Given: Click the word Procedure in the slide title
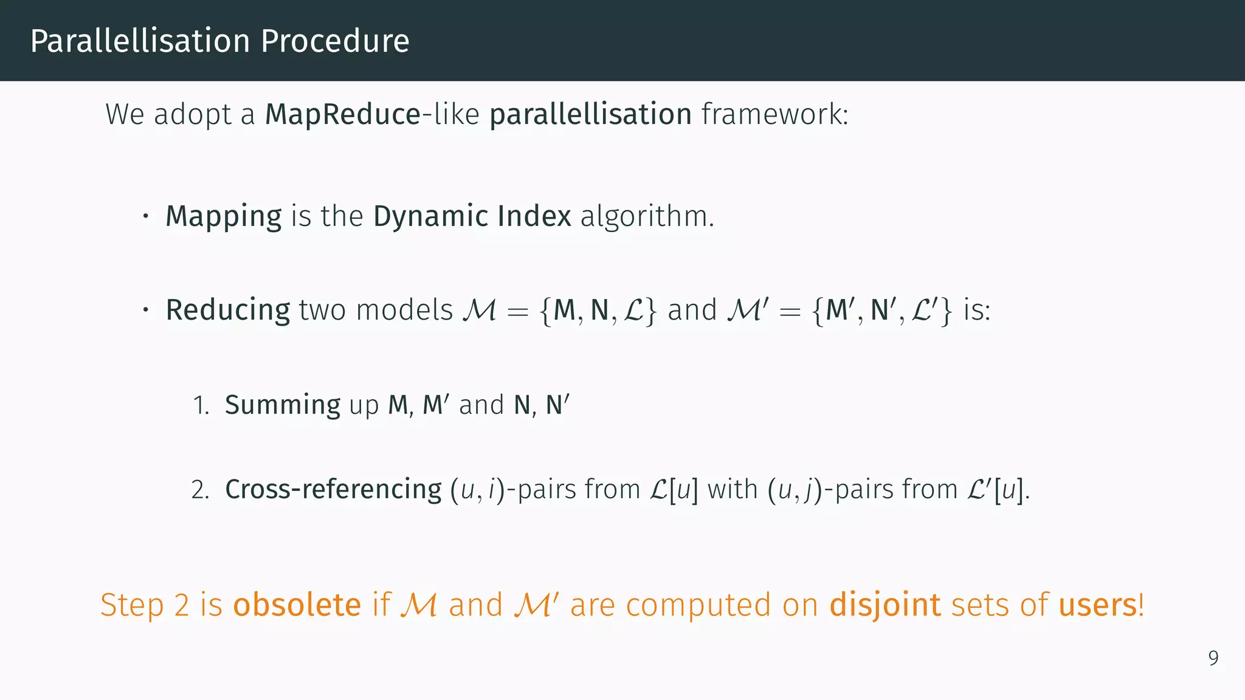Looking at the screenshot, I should click(x=335, y=41).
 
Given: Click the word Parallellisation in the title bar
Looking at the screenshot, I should click(x=140, y=41).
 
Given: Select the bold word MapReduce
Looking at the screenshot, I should click(x=343, y=114).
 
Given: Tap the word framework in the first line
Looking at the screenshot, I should click(x=774, y=114).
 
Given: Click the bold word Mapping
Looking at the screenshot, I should click(x=224, y=217).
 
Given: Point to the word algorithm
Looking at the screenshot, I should click(x=647, y=216).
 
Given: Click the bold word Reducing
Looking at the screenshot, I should click(x=228, y=311).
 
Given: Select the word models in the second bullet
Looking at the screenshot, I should click(x=404, y=310).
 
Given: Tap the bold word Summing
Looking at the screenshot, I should click(x=283, y=405).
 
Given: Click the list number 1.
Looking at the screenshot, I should click(x=201, y=405).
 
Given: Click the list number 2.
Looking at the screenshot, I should click(x=200, y=490).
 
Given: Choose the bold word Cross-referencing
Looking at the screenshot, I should click(x=333, y=490).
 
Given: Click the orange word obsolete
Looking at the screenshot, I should click(x=297, y=605).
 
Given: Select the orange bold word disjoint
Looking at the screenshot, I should click(x=885, y=606).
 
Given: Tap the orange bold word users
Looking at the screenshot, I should click(x=1098, y=605).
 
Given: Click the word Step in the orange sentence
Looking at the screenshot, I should click(x=132, y=606).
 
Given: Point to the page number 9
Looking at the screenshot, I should click(x=1213, y=658).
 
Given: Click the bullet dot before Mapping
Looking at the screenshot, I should click(x=146, y=216).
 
